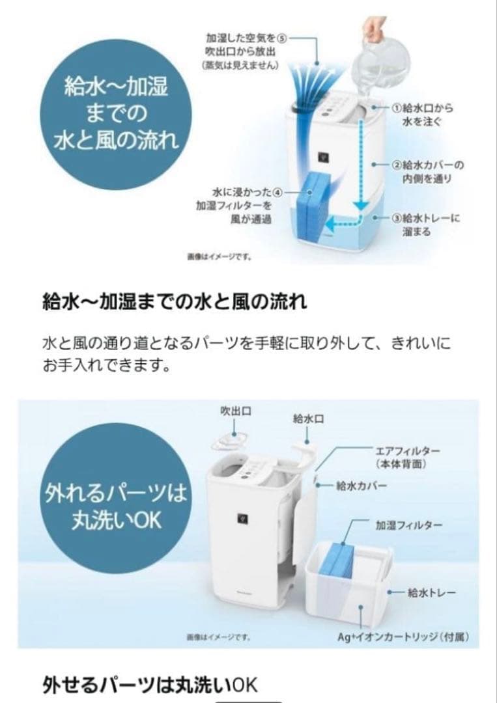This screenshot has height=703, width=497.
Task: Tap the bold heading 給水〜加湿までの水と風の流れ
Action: (x=174, y=302)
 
